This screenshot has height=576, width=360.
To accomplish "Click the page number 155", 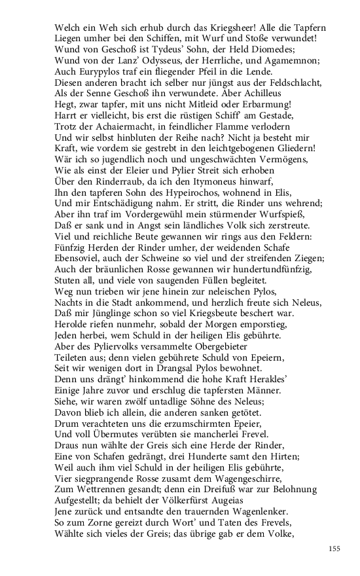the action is click(x=334, y=549).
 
